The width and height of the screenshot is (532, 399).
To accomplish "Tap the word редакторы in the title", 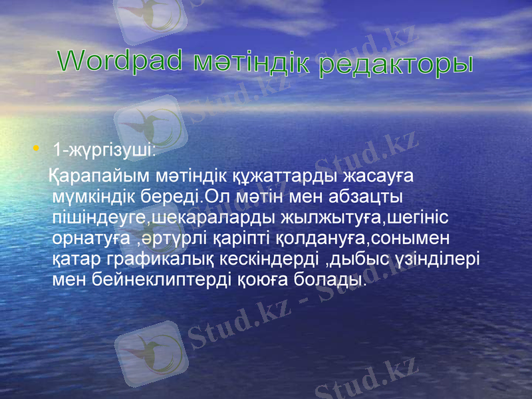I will (396, 65).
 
